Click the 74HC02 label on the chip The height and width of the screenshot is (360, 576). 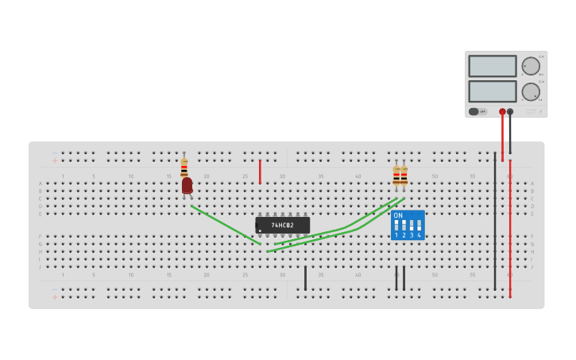click(x=282, y=225)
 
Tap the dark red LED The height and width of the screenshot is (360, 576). click(x=187, y=185)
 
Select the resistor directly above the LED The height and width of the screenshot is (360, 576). click(x=184, y=167)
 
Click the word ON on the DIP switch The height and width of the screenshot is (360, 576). click(x=398, y=215)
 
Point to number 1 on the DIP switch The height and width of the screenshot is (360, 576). click(x=396, y=235)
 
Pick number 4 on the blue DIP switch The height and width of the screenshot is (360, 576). click(x=419, y=235)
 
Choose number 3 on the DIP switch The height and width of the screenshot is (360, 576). click(x=412, y=235)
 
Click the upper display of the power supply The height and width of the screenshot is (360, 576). click(x=492, y=66)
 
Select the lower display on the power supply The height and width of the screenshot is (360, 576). click(x=492, y=91)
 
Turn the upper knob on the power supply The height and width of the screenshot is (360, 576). click(x=530, y=66)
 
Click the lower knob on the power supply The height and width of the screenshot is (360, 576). click(x=530, y=91)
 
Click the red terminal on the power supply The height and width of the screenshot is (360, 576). click(x=502, y=112)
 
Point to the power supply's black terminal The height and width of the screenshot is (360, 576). click(x=510, y=112)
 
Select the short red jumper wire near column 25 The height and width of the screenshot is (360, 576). click(x=260, y=172)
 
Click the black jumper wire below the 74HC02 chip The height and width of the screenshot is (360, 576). click(x=305, y=278)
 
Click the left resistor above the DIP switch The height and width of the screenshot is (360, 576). click(x=396, y=175)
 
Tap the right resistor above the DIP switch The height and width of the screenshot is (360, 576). click(x=404, y=175)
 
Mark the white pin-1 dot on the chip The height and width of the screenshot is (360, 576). click(x=260, y=230)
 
